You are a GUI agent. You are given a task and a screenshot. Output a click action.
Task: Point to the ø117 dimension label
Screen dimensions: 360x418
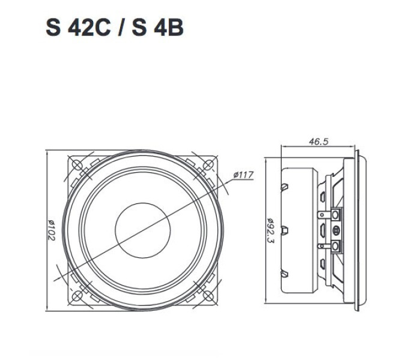point(243,175)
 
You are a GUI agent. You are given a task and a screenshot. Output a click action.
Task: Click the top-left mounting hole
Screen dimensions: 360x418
point(77,164)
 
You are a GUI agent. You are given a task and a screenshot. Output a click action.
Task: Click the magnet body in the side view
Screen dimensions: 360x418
point(300,230)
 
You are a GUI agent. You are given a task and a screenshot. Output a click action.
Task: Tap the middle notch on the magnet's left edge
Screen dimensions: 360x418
point(285,230)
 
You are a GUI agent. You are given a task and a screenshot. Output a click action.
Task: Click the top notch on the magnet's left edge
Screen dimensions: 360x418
point(285,187)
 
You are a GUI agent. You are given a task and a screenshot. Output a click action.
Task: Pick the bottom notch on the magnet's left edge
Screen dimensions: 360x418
point(285,273)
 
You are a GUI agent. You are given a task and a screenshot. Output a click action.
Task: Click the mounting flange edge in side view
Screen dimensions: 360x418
point(359,230)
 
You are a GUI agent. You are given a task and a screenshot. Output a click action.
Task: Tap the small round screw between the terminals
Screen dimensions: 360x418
point(335,230)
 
